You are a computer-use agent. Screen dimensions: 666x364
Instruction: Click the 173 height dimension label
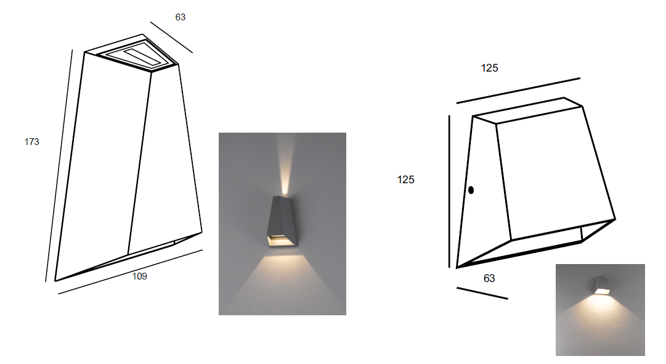pos(32,142)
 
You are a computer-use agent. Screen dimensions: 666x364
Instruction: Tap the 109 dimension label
pos(140,276)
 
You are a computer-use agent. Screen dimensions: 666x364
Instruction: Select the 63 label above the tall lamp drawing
pos(181,17)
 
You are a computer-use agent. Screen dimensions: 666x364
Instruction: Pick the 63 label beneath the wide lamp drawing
pos(489,278)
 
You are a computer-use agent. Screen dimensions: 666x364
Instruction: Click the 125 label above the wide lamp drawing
pos(489,68)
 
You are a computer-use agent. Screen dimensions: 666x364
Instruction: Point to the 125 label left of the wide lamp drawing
pos(405,180)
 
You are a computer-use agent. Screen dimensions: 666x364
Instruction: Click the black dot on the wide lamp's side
pos(471,190)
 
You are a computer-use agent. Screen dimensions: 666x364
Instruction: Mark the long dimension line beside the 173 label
pos(59,165)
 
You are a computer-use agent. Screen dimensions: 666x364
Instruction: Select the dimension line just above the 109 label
pos(131,271)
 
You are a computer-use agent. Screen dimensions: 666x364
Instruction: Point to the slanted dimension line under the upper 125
pos(518,91)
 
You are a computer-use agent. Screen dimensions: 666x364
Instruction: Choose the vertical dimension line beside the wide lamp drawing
pos(449,191)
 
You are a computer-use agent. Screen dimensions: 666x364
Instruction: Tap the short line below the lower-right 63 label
pos(482,294)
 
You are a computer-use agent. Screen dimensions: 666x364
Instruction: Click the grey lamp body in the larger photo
pos(282,221)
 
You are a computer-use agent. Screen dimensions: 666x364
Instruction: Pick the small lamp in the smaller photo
pos(601,286)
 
